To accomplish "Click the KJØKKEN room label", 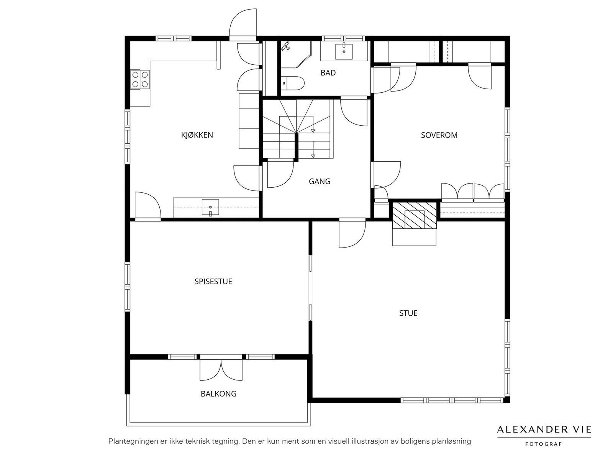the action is pyautogui.click(x=197, y=135).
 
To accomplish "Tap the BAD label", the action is pyautogui.click(x=328, y=73).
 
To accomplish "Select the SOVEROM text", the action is pyautogui.click(x=439, y=135).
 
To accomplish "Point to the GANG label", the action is pyautogui.click(x=320, y=182).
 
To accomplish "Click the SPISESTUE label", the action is pyautogui.click(x=213, y=282).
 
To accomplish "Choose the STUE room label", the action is pyautogui.click(x=408, y=313).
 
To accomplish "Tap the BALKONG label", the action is pyautogui.click(x=218, y=393).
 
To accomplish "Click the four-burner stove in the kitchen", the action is pyautogui.click(x=140, y=79).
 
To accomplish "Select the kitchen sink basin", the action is pyautogui.click(x=210, y=207).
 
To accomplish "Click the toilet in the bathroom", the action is pyautogui.click(x=292, y=83).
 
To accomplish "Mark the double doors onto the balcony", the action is pyautogui.click(x=221, y=369).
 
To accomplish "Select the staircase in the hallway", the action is pyautogui.click(x=297, y=129).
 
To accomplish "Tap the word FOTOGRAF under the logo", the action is pyautogui.click(x=543, y=444).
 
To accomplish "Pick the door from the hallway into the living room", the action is pyautogui.click(x=352, y=233).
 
